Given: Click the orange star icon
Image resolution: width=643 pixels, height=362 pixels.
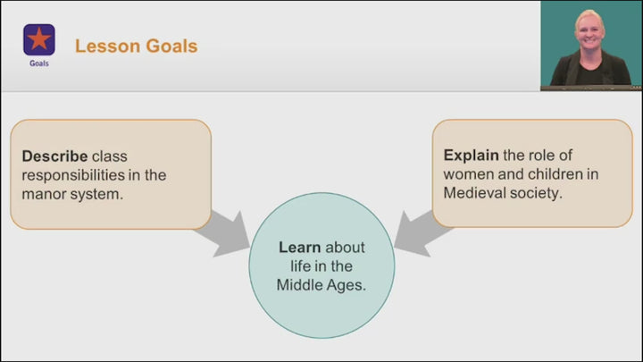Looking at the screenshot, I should coord(38,39).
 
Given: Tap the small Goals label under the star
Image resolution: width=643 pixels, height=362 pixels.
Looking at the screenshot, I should coord(38,63).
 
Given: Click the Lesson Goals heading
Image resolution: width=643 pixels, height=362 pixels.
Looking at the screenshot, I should coord(136,46).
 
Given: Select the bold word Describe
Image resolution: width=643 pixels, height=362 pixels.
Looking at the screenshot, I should coord(54,156).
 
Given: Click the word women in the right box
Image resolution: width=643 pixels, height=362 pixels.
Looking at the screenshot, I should coord(469,174).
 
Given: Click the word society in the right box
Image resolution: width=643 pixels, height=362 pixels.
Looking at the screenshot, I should coord(534,193).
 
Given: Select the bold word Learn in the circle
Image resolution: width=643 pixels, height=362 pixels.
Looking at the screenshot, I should coord(299,248).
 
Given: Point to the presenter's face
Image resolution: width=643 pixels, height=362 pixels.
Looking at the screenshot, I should coord(590,29).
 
